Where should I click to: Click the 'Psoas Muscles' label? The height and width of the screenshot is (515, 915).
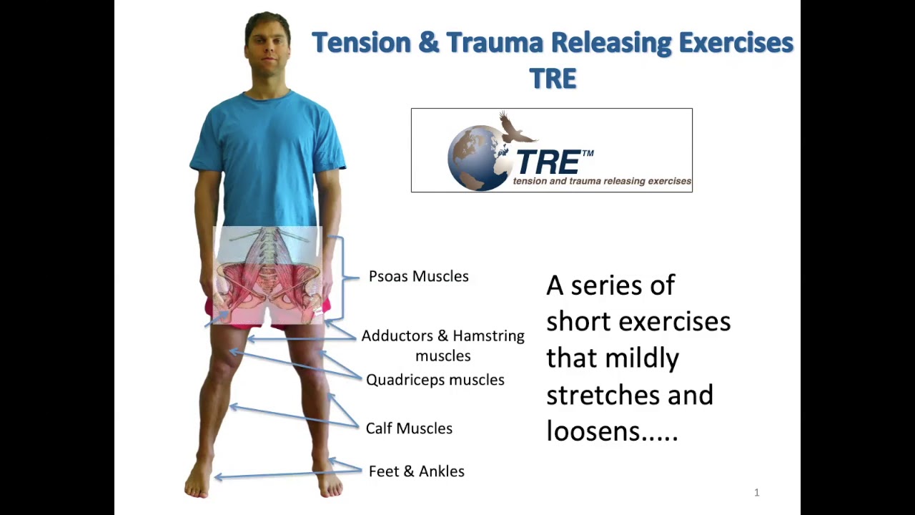(419, 276)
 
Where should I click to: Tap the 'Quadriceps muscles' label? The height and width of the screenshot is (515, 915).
(435, 380)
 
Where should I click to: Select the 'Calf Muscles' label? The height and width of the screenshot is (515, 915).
(409, 428)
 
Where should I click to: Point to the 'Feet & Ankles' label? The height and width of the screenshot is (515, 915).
(417, 471)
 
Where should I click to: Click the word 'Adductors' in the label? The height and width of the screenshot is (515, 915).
(397, 336)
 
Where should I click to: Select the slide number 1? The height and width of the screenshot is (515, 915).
(757, 493)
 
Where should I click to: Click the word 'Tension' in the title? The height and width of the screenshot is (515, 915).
(361, 42)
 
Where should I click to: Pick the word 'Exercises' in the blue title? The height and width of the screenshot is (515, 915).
(736, 42)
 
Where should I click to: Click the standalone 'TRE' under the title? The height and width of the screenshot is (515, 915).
(553, 79)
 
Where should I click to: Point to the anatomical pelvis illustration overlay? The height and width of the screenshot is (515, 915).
(267, 275)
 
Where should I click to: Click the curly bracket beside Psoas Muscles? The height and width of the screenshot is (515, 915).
(342, 278)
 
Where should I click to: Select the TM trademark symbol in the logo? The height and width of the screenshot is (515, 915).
(588, 153)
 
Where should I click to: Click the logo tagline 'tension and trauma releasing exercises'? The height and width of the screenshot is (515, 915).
(602, 181)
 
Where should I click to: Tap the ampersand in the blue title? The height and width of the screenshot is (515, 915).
(428, 42)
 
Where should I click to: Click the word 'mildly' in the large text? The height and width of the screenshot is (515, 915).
(642, 359)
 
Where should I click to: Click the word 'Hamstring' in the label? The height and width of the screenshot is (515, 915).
(488, 336)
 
